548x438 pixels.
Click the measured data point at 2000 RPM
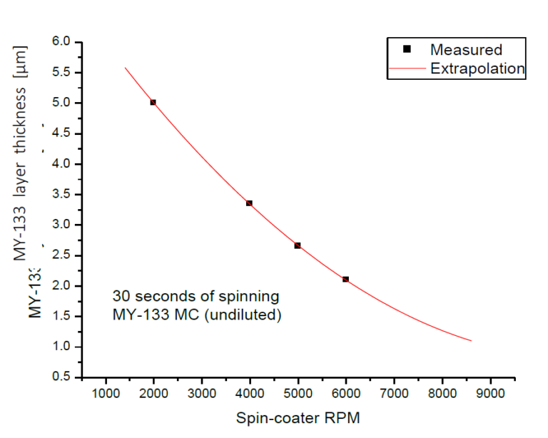pos(153,102)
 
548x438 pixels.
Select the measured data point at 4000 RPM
pos(249,203)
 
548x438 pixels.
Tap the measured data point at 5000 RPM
pos(298,245)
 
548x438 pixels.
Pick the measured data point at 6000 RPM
pos(345,279)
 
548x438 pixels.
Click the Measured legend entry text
pos(466,50)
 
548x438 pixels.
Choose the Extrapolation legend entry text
pos(477,69)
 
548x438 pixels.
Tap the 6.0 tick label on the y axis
pos(61,41)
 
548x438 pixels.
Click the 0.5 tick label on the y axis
pos(61,377)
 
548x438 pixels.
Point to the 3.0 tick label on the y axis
pos(61,225)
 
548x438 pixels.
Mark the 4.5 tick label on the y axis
pos(61,133)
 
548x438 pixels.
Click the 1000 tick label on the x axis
pos(106,392)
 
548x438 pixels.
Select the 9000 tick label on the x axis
pos(490,392)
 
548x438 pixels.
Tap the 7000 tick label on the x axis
pos(394,392)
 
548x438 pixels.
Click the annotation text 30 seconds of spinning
pos(196,295)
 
